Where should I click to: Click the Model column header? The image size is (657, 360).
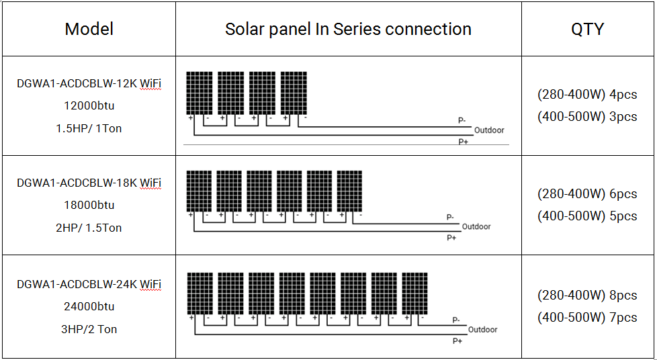point(89,30)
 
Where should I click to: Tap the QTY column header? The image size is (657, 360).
point(587,30)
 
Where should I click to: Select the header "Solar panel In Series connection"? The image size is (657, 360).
point(348,30)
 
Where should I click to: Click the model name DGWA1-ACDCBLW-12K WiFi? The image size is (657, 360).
point(89,83)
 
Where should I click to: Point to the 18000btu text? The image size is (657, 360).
point(89,205)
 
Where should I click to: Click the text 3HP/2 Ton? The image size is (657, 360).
point(89,329)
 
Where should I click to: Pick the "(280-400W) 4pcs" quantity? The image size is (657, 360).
point(587,95)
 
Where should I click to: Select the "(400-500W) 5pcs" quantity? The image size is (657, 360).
point(587,216)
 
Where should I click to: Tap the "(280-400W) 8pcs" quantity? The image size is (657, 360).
point(587,295)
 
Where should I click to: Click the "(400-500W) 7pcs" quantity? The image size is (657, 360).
point(587,317)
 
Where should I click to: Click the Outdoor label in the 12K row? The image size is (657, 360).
point(489,130)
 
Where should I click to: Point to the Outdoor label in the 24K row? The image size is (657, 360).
point(482,330)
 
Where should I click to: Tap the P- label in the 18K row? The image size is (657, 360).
point(450,217)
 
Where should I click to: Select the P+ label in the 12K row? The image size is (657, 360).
point(463,142)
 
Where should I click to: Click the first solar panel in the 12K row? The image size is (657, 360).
point(199,93)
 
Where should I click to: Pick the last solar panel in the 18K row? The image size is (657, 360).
point(349,191)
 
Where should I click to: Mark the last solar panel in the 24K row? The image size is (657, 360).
point(414,294)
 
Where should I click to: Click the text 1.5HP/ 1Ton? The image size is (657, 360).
point(89,128)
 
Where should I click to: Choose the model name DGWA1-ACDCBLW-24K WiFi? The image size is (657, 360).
point(89,284)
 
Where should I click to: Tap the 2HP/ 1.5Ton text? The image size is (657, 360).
point(89,228)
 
